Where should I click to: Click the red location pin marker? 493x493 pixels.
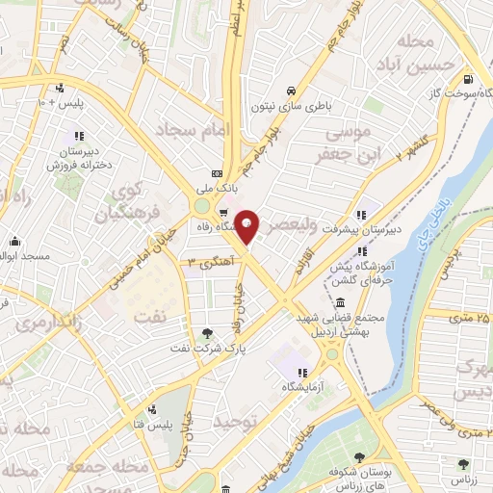pyautogui.click(x=247, y=227)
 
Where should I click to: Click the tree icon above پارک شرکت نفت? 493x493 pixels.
pyautogui.click(x=207, y=333)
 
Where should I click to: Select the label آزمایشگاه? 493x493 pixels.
pyautogui.click(x=301, y=386)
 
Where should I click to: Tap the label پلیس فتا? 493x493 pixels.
pyautogui.click(x=177, y=425)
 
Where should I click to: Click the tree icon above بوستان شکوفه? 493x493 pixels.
pyautogui.click(x=360, y=457)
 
